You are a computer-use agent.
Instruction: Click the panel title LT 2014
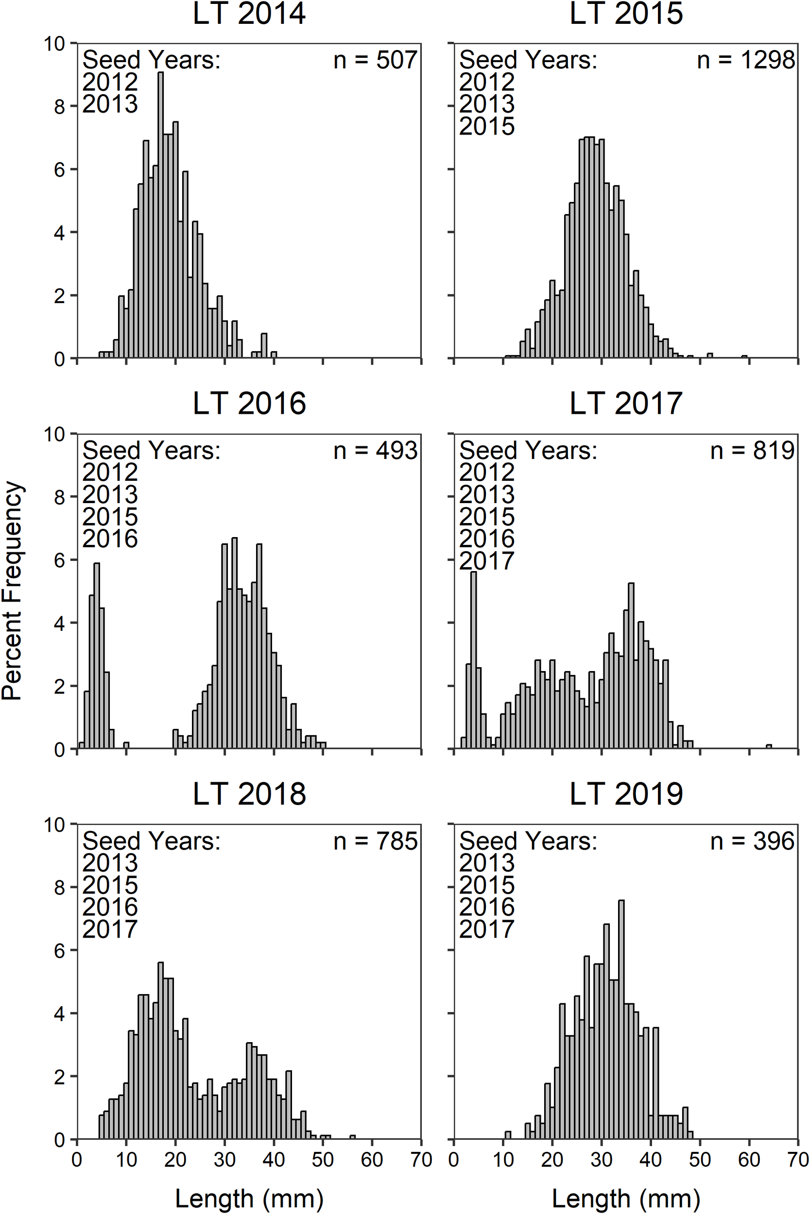coord(249,14)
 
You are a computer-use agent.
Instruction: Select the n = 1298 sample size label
coord(745,60)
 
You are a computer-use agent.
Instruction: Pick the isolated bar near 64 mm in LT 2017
coord(769,746)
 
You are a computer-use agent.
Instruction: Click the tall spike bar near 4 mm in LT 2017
coord(473,661)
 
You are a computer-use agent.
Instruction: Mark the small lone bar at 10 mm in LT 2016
coord(126,745)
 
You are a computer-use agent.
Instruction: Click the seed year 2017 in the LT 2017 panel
coord(486,561)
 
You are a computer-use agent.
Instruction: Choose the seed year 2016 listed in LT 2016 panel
coord(110,539)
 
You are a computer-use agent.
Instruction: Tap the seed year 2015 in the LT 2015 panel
coord(486,126)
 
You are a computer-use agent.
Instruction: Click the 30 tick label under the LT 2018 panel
coord(224,1160)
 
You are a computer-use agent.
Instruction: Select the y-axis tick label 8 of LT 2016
coord(60,498)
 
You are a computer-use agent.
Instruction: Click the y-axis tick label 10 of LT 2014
coord(54,44)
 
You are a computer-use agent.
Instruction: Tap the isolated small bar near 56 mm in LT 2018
coord(352,1137)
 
